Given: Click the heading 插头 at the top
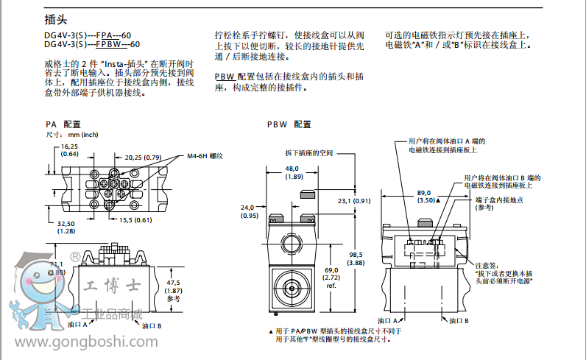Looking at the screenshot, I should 55,20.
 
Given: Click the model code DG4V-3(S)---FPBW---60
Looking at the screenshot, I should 88,44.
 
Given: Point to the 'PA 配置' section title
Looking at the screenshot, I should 63,124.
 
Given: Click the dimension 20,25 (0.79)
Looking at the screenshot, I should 143,157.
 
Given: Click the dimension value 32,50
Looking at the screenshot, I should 66,224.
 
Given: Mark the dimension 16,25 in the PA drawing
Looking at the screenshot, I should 70,147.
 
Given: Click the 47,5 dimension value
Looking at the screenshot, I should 173,282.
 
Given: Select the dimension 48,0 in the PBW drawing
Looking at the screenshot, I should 297,169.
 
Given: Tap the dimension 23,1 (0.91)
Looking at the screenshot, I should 354,200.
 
